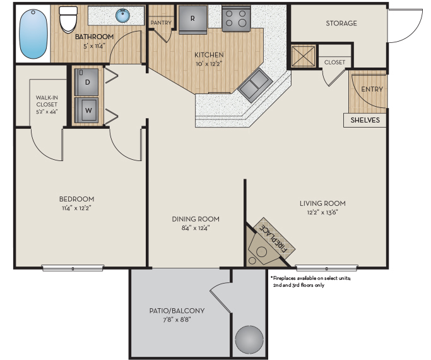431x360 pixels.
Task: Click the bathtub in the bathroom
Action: click(x=33, y=34)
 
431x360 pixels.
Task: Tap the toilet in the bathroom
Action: click(x=68, y=19)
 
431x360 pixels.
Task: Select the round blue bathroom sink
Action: click(x=122, y=15)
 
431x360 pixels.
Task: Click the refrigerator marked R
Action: click(x=192, y=20)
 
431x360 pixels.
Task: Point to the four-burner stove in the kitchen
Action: click(x=236, y=18)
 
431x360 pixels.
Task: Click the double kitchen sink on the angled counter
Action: click(x=255, y=85)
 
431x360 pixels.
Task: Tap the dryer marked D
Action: click(x=86, y=82)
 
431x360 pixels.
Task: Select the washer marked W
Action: click(x=86, y=111)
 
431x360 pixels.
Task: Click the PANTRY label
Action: click(x=161, y=23)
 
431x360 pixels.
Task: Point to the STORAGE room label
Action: click(x=341, y=23)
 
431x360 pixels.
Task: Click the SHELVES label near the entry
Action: click(x=365, y=120)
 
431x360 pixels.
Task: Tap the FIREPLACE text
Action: click(x=273, y=238)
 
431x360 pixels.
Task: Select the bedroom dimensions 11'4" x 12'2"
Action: click(x=76, y=208)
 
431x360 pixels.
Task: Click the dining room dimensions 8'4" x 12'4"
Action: click(x=196, y=228)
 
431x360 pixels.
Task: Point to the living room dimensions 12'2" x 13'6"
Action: click(x=322, y=212)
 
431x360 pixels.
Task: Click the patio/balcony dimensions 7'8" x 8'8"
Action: click(x=177, y=320)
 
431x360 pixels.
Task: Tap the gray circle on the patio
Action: click(x=249, y=340)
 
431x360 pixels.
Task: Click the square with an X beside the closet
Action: click(x=303, y=56)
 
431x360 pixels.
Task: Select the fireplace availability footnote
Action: click(x=310, y=282)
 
